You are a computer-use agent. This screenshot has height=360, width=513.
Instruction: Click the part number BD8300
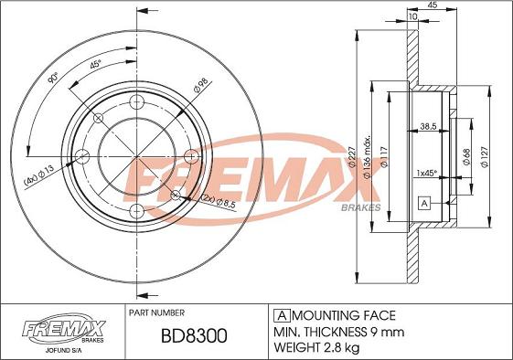pos(194,336)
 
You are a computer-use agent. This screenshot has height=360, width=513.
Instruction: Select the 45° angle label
pos(95,64)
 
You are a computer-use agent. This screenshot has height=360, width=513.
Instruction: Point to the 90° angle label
pos(53,78)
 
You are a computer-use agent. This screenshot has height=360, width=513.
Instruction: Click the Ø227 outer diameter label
pos(352,157)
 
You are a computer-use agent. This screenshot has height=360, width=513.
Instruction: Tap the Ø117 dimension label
pos(384,157)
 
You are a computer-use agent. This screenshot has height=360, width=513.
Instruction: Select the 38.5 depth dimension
pos(428,126)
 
